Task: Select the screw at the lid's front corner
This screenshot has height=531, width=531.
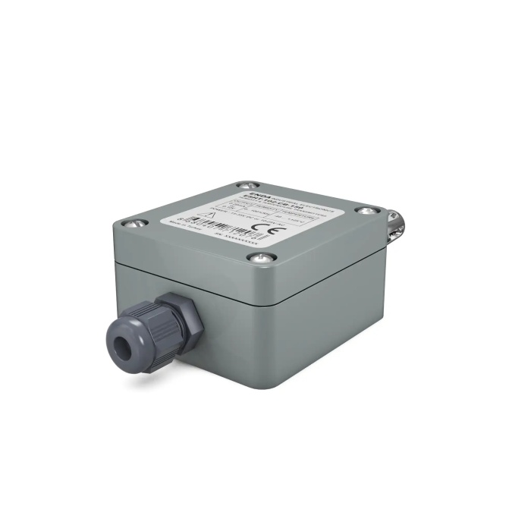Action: pos(261,259)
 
